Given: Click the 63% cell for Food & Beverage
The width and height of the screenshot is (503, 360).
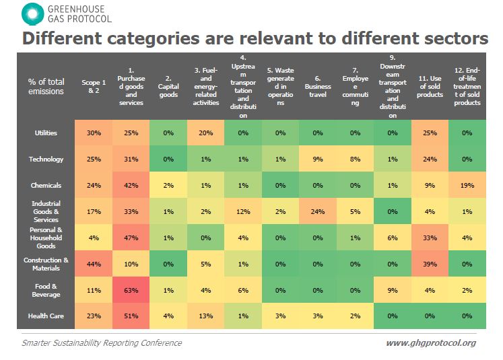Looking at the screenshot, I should pos(131,289).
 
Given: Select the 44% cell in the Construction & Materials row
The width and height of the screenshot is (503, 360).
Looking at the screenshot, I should pos(94,263).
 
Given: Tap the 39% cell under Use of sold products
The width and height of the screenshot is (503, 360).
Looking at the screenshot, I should pos(430,263).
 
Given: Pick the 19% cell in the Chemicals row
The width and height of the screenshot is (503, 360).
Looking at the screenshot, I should pos(467,185).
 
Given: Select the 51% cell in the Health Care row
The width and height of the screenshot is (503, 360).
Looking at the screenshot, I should pos(131,315).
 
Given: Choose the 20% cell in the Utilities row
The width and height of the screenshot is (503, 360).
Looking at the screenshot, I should pos(205,133).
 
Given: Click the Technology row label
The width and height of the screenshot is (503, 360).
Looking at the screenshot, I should pos(46,159).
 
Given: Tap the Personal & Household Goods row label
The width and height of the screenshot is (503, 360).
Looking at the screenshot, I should pos(46,237).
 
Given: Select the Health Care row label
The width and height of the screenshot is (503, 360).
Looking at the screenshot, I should pos(46,315).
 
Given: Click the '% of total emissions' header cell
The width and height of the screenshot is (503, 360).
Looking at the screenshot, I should pos(46,86).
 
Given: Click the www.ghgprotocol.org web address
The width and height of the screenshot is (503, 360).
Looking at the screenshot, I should pos(430,343).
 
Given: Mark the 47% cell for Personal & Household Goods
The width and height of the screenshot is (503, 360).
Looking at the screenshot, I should pos(131,237).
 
